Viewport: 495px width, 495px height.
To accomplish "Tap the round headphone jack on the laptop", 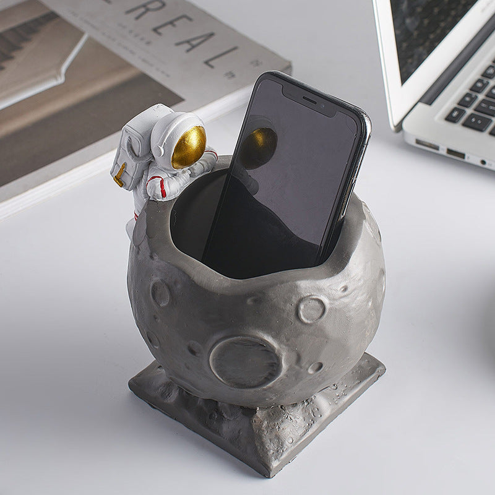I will point(482,162).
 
